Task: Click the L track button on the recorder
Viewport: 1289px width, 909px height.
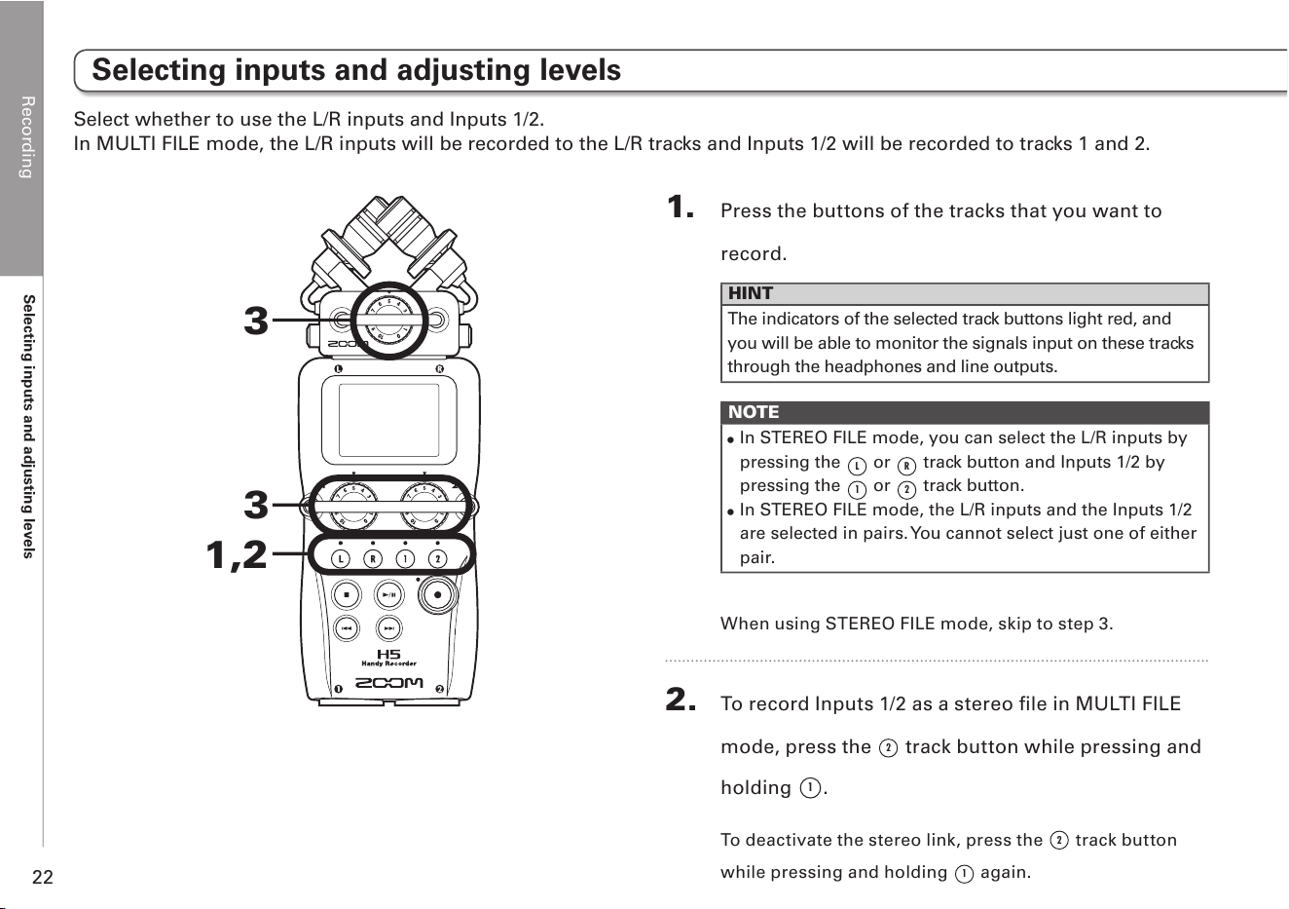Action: coord(341,559)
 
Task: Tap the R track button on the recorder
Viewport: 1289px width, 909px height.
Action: coord(373,559)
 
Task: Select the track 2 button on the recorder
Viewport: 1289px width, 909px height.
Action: coord(437,559)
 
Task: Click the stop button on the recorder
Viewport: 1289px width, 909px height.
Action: coord(347,594)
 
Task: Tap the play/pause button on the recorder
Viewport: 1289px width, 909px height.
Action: coord(389,594)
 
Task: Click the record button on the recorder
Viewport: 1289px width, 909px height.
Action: coord(437,594)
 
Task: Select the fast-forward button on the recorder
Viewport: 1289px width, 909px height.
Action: coord(389,628)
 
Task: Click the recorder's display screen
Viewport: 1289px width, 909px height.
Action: coord(389,421)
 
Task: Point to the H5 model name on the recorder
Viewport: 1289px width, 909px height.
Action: coord(389,654)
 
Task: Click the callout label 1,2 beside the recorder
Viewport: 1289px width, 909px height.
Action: coord(237,555)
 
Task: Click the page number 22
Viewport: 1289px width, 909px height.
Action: coord(43,877)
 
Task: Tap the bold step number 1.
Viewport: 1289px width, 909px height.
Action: coord(681,207)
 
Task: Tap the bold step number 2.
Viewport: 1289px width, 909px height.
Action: coord(681,700)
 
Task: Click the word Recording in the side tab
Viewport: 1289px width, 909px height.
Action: coord(27,137)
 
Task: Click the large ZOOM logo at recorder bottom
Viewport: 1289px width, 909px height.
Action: coord(389,683)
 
